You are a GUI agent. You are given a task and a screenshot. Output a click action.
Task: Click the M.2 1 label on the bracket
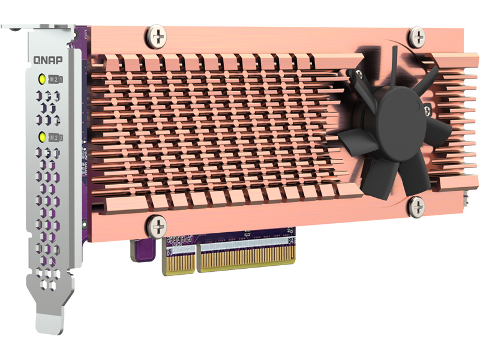pos(58,79)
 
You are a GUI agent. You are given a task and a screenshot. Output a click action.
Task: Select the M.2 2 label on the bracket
pos(58,137)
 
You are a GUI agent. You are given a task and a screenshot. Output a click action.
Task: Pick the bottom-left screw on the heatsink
pos(157,226)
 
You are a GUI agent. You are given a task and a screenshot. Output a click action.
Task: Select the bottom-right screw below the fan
pos(417,208)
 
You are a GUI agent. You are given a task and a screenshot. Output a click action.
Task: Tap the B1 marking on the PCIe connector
pos(169,251)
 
